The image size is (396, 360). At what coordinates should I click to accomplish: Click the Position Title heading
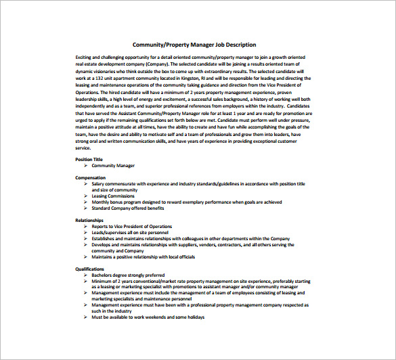point(89,159)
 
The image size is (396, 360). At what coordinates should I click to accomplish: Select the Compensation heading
point(90,177)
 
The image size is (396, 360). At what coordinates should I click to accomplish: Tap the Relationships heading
point(89,220)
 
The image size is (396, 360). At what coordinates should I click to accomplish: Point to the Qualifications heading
point(89,269)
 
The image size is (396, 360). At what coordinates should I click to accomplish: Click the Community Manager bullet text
point(113,165)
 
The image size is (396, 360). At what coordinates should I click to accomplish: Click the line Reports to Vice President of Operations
point(132,226)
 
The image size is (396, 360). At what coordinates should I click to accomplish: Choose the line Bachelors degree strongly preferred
point(129,275)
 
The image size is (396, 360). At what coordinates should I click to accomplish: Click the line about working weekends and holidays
point(148,317)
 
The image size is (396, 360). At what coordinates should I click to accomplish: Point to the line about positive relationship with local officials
point(143,256)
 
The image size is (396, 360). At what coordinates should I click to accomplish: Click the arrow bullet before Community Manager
point(85,165)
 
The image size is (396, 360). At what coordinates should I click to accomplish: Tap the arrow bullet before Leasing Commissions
point(85,196)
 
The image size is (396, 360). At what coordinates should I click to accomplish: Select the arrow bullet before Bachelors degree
point(85,275)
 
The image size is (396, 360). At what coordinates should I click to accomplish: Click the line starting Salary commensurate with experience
point(198,183)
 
